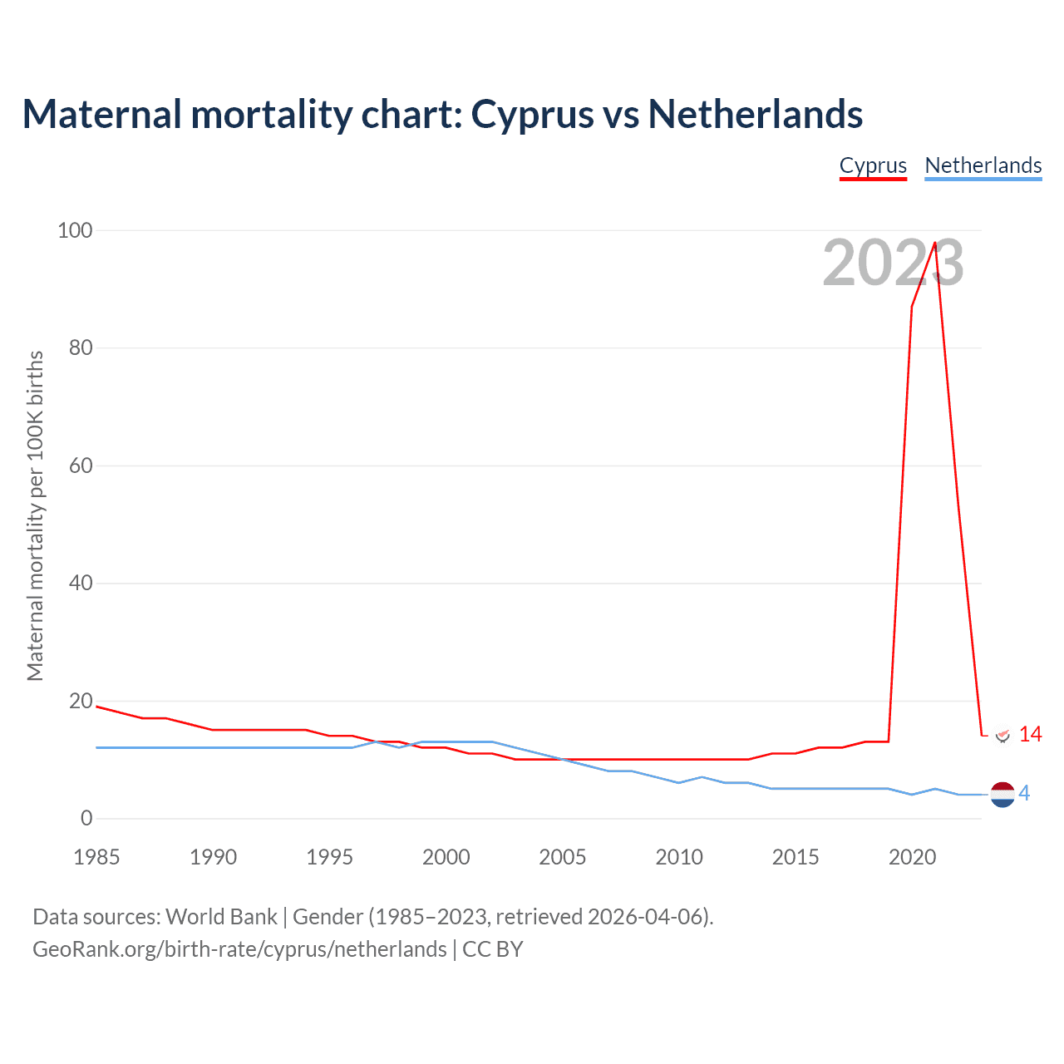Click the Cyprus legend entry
(x=873, y=165)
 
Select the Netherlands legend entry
(x=983, y=165)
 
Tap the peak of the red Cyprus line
(x=935, y=243)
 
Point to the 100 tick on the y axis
(x=75, y=230)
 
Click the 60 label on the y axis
(x=81, y=465)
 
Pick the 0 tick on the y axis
(x=86, y=819)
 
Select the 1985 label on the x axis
(x=96, y=857)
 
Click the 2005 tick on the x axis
(x=563, y=857)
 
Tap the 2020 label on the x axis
(x=912, y=857)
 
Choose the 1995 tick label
(x=329, y=857)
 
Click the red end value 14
(x=1030, y=734)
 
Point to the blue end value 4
(x=1024, y=794)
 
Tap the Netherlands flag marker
(x=1002, y=795)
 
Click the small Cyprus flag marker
(x=1002, y=735)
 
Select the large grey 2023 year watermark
(x=893, y=264)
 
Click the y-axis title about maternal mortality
(x=35, y=515)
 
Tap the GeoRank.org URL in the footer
(x=239, y=949)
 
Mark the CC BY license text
(x=493, y=949)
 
